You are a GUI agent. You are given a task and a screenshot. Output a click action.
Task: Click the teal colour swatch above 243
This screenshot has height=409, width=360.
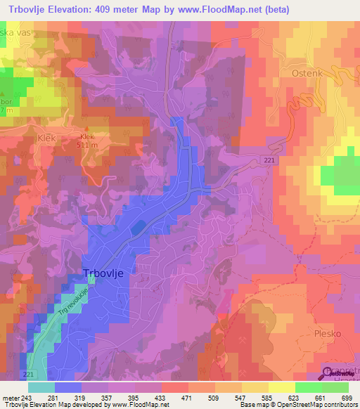pyautogui.click(x=41, y=387)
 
